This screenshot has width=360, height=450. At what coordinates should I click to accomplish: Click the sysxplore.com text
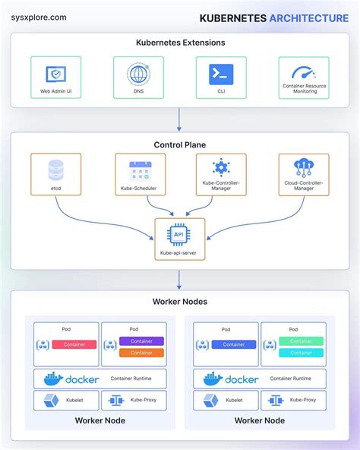pyautogui.click(x=38, y=17)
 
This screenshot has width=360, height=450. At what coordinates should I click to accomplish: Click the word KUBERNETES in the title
pyautogui.click(x=233, y=17)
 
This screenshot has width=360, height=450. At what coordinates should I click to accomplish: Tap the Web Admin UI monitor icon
pyautogui.click(x=55, y=74)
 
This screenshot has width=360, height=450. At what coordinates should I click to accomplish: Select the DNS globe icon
pyautogui.click(x=138, y=74)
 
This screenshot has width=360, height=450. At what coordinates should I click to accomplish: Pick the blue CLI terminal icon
pyautogui.click(x=220, y=74)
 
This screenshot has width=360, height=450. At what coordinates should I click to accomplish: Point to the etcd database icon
pyautogui.click(x=55, y=169)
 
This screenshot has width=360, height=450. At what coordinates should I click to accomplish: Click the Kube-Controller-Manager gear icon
pyautogui.click(x=220, y=167)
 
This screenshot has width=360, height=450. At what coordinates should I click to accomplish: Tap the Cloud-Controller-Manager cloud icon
pyautogui.click(x=304, y=167)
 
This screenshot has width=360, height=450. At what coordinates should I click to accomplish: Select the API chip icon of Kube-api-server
pyautogui.click(x=179, y=234)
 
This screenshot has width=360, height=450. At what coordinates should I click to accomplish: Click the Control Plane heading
pyautogui.click(x=179, y=144)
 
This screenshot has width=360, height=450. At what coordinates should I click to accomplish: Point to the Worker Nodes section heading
pyautogui.click(x=179, y=302)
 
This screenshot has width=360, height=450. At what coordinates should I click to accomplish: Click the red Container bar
pyautogui.click(x=74, y=344)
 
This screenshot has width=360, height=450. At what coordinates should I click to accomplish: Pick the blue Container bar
pyautogui.click(x=233, y=344)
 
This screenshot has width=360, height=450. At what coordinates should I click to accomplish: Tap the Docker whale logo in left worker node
pyautogui.click(x=52, y=379)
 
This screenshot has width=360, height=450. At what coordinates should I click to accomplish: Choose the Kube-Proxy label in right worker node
pyautogui.click(x=305, y=399)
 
